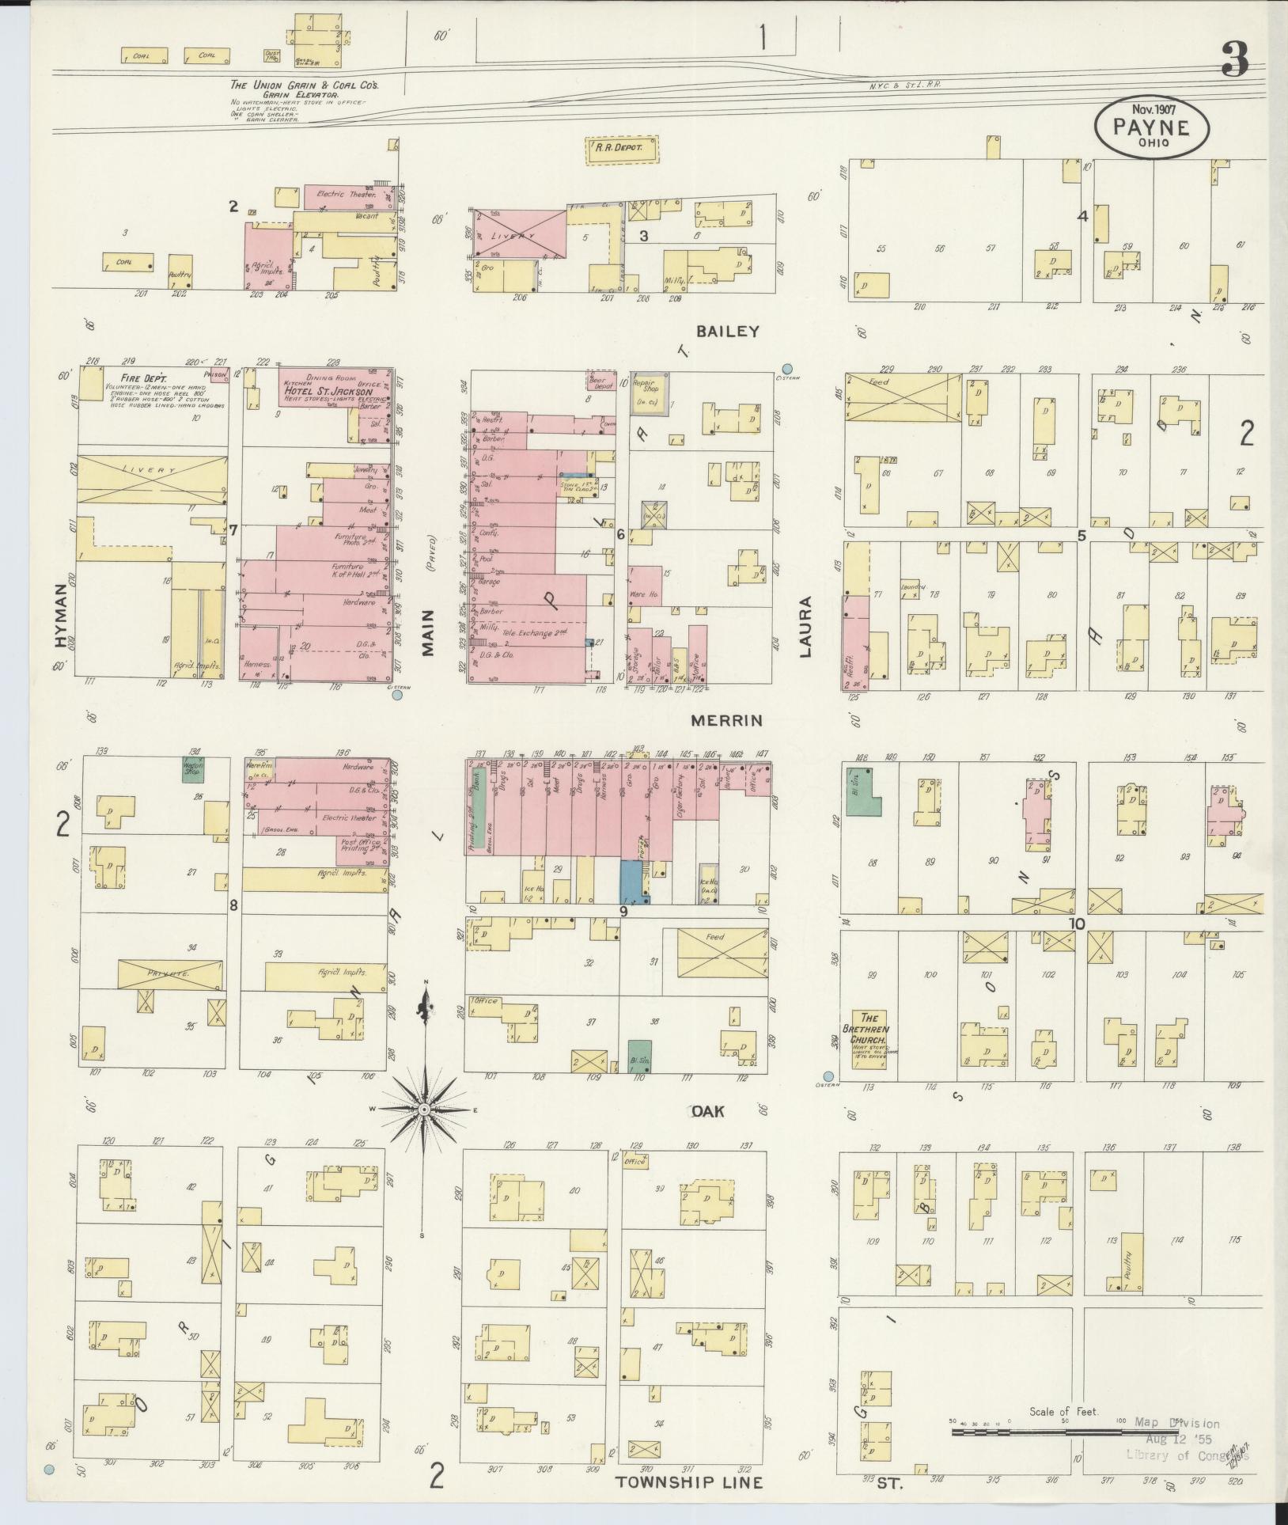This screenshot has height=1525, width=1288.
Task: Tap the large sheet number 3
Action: click(1235, 59)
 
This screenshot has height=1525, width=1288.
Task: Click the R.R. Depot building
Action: click(622, 149)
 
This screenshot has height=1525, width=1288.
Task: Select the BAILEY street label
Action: click(727, 332)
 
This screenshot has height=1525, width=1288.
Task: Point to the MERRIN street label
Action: click(726, 720)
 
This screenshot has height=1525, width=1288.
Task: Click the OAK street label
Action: click(707, 1111)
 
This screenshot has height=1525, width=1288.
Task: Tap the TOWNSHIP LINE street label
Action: click(689, 1482)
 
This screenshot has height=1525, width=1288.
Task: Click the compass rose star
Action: click(424, 1110)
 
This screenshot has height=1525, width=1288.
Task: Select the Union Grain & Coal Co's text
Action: click(304, 85)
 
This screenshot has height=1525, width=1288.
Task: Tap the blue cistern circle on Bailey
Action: click(787, 368)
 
